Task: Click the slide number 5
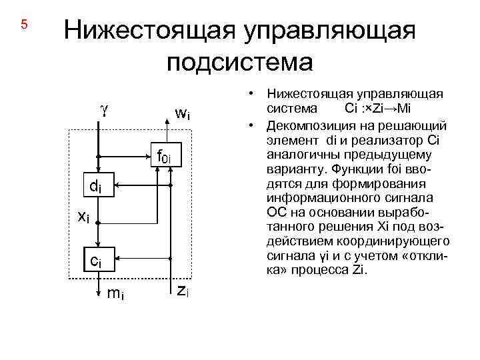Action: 24,25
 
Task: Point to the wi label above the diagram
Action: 182,113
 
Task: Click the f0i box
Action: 163,157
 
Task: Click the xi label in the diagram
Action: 83,216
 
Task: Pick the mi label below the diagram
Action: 115,294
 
